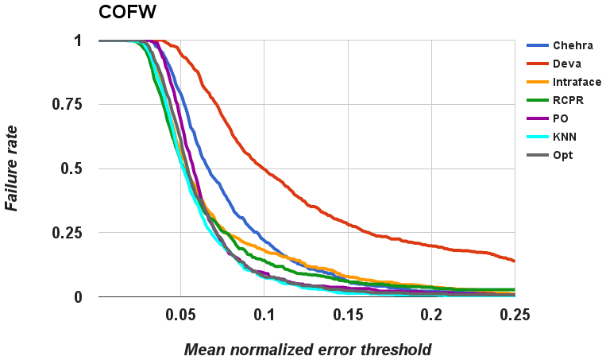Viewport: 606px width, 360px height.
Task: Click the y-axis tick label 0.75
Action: [68, 104]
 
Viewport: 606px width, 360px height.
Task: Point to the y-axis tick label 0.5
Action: [72, 168]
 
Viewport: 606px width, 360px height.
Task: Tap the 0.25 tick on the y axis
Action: [68, 233]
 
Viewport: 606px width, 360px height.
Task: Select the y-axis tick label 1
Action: [77, 40]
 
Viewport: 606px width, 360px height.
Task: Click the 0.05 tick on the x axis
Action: [180, 315]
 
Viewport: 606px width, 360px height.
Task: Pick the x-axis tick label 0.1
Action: [264, 315]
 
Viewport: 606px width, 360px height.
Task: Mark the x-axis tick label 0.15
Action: [348, 315]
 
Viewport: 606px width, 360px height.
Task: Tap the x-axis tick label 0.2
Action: [431, 315]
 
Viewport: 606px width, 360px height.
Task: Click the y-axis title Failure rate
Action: [14, 168]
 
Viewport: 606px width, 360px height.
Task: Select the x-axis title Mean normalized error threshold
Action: [308, 349]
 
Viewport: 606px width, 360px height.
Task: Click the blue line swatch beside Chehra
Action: [540, 45]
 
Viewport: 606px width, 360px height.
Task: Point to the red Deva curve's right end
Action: [515, 261]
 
